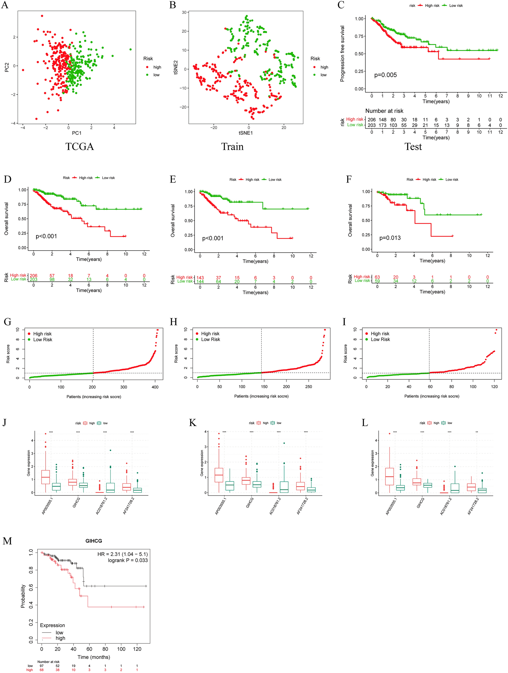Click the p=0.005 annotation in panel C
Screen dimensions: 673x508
pos(385,75)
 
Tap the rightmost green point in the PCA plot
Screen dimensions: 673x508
pos(131,49)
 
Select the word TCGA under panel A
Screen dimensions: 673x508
pos(80,147)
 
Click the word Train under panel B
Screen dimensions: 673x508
pos(232,147)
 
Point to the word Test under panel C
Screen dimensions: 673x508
pos(413,147)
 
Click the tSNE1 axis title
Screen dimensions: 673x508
pos(245,133)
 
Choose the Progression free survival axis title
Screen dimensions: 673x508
pos(343,54)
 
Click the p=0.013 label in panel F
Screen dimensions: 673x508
pos(390,238)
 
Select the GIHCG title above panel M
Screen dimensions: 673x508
pos(94,541)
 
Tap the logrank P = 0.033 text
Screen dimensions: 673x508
pos(128,560)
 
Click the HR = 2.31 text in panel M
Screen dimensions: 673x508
pos(123,554)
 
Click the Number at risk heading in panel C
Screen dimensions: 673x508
pos(384,111)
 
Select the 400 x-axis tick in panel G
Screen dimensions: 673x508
pos(155,387)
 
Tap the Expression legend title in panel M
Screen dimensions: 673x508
pos(52,625)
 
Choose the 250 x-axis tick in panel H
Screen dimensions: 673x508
pos(308,387)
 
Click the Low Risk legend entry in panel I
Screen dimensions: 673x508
pos(380,339)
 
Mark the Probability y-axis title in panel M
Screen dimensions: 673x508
pos(23,596)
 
